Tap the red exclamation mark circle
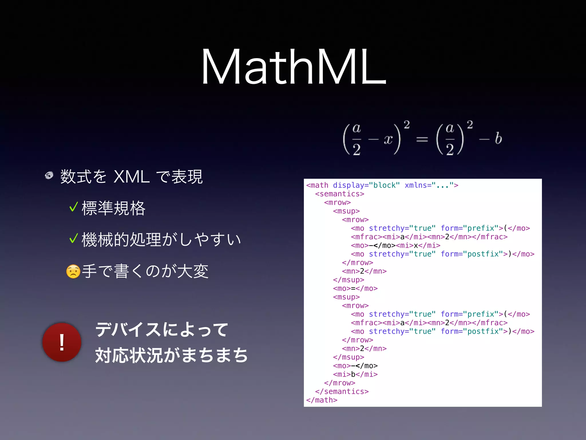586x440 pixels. [x=62, y=342]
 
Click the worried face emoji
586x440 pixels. [x=73, y=271]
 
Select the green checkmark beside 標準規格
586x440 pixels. [x=74, y=207]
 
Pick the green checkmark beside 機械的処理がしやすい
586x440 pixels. [x=74, y=238]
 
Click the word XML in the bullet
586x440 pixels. [x=131, y=177]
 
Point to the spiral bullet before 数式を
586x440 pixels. [x=49, y=175]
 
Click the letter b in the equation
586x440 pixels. [x=498, y=139]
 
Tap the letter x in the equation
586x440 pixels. [x=388, y=139]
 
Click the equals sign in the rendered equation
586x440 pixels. [x=422, y=140]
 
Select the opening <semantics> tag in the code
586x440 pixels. [x=340, y=194]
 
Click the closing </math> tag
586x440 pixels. [x=322, y=400]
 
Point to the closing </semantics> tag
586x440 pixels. [x=342, y=392]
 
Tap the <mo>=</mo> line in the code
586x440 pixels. [x=355, y=288]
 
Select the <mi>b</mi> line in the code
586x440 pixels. [x=355, y=374]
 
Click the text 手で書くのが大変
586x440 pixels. [x=145, y=271]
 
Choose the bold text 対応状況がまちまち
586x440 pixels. [x=171, y=355]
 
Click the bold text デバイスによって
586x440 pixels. [x=162, y=329]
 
